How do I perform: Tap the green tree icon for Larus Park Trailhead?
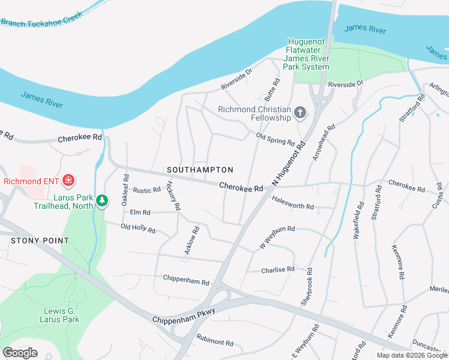point(102,200)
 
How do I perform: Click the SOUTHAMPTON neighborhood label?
point(200,170)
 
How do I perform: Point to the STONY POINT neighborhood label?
point(40,241)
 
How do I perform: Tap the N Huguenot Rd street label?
point(289,163)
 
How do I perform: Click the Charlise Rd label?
point(277,270)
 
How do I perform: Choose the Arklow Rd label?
point(191,240)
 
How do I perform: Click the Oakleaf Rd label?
point(125,190)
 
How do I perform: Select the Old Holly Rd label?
point(137,229)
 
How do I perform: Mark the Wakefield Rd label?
point(360,221)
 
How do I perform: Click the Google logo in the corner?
point(20,352)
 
